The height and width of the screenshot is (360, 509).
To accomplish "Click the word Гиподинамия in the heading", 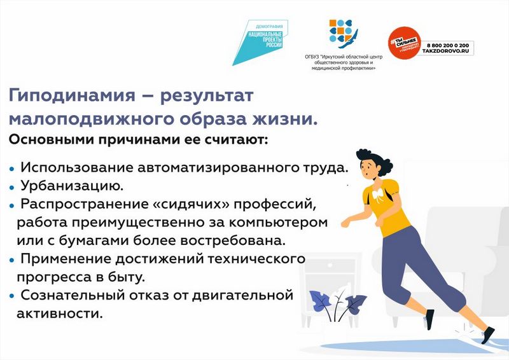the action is (71, 96).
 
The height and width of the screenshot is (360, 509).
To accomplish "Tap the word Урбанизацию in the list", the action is (72, 186).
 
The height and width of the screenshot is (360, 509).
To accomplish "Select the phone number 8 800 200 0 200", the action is (448, 45).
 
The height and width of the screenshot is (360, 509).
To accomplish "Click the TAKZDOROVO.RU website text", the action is (445, 52).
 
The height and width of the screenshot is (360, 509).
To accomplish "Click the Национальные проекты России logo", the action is (260, 42).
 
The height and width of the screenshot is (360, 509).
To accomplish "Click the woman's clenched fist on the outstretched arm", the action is (345, 224).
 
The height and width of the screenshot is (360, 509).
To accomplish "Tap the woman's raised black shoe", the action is (429, 319).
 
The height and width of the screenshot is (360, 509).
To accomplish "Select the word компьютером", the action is (279, 223).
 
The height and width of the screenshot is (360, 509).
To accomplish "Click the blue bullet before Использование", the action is (12, 169).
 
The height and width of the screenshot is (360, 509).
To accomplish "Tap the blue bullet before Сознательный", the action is (12, 296).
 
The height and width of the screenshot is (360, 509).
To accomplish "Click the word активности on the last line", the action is (59, 314).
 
